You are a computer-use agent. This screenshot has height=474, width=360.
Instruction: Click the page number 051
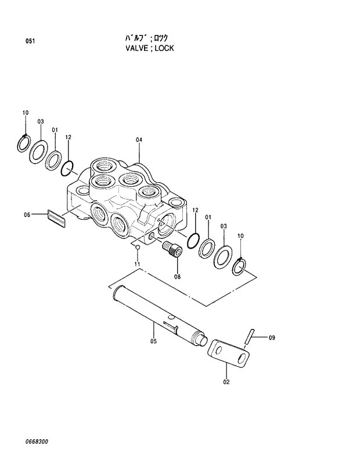click(30, 41)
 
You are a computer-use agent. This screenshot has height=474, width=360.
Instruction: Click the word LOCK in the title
click(163, 48)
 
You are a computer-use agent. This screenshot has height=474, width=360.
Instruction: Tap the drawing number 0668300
click(37, 442)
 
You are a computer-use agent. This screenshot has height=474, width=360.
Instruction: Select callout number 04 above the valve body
click(139, 140)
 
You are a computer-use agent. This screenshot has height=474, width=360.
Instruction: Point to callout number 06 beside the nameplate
click(27, 215)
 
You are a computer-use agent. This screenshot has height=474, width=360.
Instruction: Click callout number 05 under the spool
click(153, 341)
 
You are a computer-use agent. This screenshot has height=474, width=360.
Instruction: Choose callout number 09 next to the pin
click(272, 337)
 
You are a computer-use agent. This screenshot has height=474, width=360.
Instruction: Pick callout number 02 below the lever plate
click(226, 381)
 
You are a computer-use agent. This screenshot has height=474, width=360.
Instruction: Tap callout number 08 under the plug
click(177, 277)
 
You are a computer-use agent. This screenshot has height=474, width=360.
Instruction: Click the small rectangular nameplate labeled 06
click(56, 217)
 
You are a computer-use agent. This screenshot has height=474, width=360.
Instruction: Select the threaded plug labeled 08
click(173, 250)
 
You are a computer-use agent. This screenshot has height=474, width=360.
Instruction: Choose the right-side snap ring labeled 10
click(240, 266)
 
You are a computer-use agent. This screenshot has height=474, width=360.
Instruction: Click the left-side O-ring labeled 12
click(68, 168)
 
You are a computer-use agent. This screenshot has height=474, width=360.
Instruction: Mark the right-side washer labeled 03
click(223, 255)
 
